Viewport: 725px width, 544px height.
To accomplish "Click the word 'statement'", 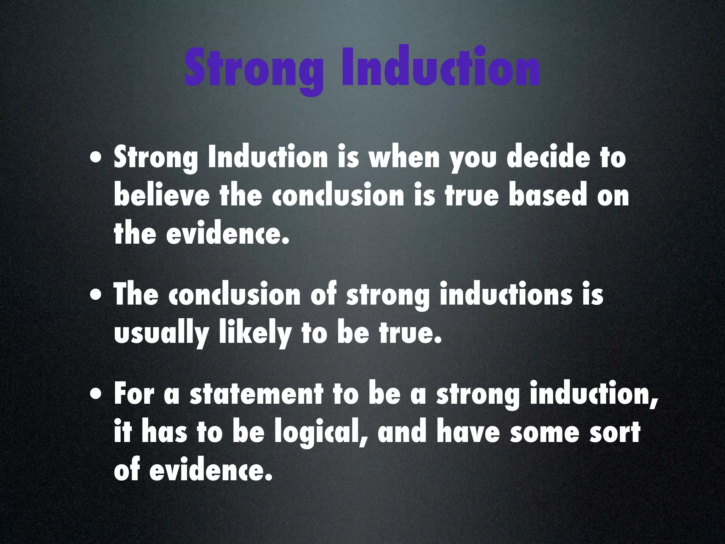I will [x=256, y=394].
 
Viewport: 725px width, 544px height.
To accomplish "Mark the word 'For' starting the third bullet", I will [x=134, y=394].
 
